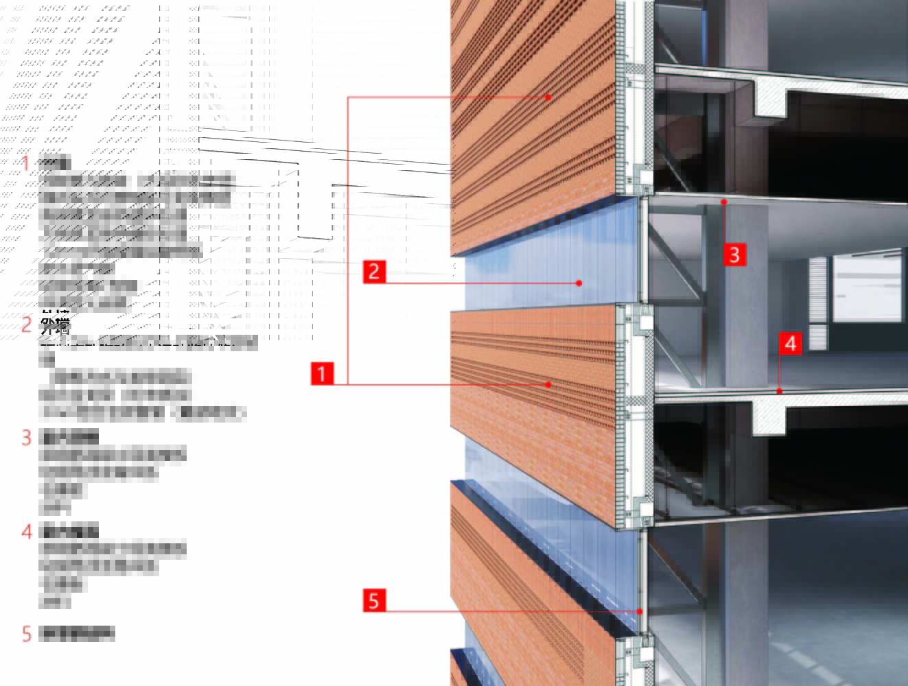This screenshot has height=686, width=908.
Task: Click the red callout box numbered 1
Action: tap(321, 374)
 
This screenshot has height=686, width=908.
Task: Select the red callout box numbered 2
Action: tap(374, 272)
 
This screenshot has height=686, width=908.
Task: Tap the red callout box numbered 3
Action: tap(734, 255)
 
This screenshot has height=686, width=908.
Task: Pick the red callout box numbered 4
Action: tap(791, 343)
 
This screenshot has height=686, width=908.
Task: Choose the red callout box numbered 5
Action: tap(373, 601)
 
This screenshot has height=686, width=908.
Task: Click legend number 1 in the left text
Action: tap(26, 163)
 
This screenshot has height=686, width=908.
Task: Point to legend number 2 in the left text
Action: tap(27, 324)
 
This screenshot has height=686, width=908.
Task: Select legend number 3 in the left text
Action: tap(27, 437)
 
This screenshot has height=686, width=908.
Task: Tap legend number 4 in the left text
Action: tap(27, 531)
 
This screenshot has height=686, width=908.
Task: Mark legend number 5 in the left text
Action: tap(27, 633)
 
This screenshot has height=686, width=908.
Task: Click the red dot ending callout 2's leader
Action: tap(579, 283)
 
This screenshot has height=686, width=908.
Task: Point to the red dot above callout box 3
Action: tap(723, 202)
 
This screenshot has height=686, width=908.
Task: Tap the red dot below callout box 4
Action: tap(780, 391)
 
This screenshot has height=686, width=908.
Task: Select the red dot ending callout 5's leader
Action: tap(640, 611)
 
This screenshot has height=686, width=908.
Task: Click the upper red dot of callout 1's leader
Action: tap(548, 97)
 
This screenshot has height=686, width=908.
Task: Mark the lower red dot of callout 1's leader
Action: tap(548, 385)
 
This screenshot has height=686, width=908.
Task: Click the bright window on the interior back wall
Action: tap(867, 288)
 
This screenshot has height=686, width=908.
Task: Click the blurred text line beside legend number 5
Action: tap(78, 634)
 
